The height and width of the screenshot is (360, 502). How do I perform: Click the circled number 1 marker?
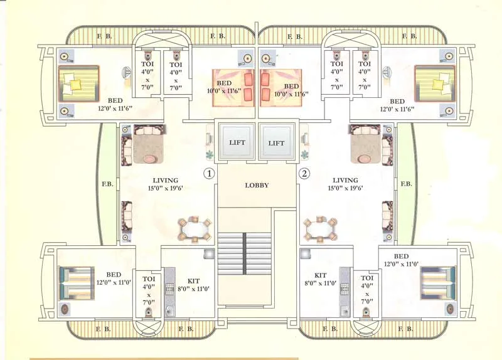pos(209,173)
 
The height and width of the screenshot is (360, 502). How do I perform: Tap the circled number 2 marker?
pos(304,173)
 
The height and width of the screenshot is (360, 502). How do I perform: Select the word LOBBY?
pos(257,185)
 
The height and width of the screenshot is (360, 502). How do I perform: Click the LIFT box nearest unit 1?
pos(237,142)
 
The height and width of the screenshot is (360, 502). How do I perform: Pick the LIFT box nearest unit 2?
pos(276,142)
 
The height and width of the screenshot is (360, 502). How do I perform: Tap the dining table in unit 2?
pos(320,229)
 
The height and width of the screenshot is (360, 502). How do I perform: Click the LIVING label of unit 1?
pos(165,184)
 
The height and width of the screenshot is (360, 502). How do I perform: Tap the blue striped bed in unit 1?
pos(76,283)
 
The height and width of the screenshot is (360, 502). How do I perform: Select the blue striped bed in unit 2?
pos(438,283)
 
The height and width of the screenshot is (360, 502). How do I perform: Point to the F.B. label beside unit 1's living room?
pos(107,184)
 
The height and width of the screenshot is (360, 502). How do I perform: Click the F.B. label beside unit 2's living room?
pos(406,184)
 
